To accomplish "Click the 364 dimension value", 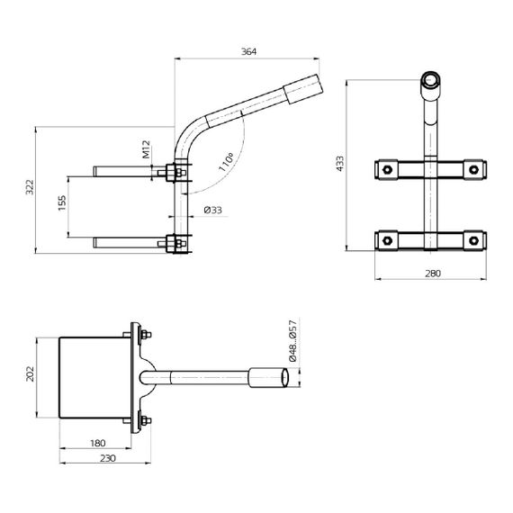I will pyautogui.click(x=249, y=52).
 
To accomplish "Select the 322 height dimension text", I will pyautogui.click(x=29, y=188).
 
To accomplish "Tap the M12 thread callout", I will pyautogui.click(x=146, y=149).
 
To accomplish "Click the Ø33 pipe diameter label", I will pyautogui.click(x=213, y=210).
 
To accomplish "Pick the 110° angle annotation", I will pyautogui.click(x=227, y=162).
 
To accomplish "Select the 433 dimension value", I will pyautogui.click(x=340, y=163).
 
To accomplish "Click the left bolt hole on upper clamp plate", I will pyautogui.click(x=386, y=168).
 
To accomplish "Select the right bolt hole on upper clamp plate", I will pyautogui.click(x=473, y=168).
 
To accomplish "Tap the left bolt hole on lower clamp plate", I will pyautogui.click(x=386, y=238).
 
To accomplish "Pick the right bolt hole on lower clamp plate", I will pyautogui.click(x=473, y=238).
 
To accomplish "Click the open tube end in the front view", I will pyautogui.click(x=430, y=81).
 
